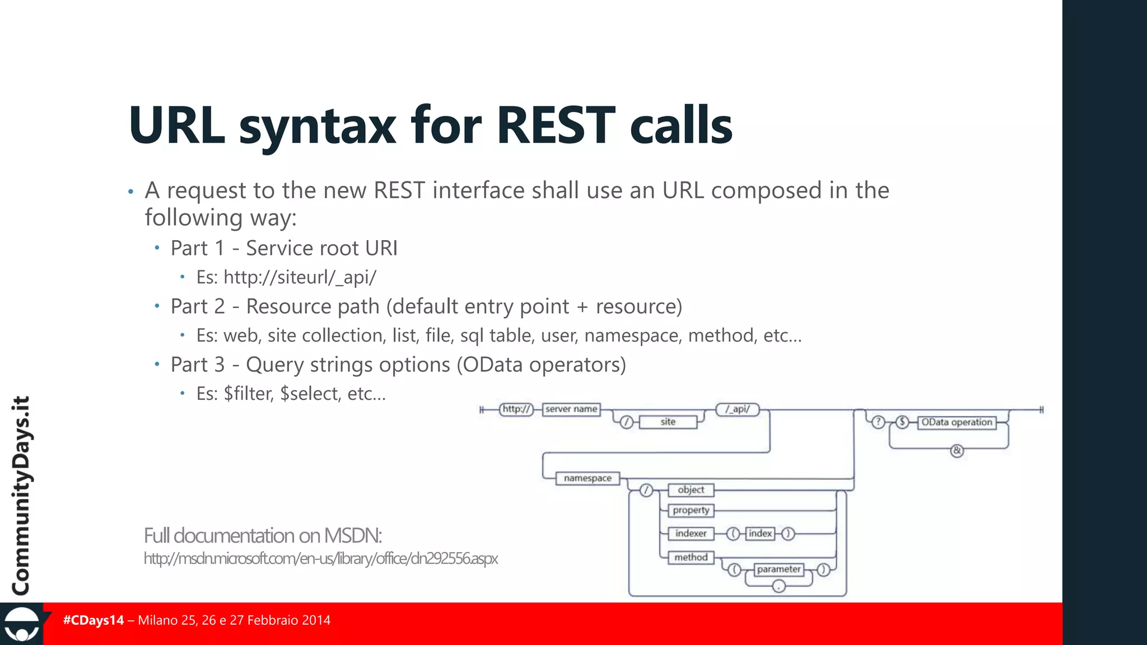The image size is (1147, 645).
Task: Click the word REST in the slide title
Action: (x=556, y=125)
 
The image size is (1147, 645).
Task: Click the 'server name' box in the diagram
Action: (x=571, y=409)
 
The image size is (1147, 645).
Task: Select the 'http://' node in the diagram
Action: (x=516, y=409)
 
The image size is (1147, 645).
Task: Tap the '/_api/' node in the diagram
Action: (x=738, y=409)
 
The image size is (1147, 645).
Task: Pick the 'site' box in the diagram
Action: (x=668, y=422)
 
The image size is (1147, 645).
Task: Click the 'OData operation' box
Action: (x=957, y=422)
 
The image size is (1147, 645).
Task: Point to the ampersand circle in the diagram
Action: (x=957, y=450)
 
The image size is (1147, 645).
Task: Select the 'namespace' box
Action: (x=588, y=478)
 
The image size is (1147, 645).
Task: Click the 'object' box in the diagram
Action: (x=691, y=490)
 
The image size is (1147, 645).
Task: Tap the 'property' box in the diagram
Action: (x=691, y=510)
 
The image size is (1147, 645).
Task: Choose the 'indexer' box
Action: (x=691, y=534)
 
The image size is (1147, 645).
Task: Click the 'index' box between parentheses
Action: (x=760, y=534)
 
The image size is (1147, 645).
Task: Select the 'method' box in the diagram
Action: (x=691, y=557)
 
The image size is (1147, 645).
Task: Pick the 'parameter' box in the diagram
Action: (x=778, y=569)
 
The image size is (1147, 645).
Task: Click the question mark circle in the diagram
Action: (x=878, y=422)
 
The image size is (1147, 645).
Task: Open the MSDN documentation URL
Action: (x=320, y=559)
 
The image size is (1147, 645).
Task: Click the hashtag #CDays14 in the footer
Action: (x=94, y=620)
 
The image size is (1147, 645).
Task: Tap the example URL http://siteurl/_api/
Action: (x=300, y=277)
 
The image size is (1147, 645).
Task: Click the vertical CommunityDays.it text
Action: (x=21, y=496)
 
